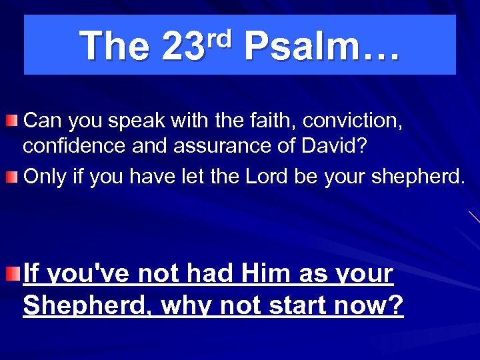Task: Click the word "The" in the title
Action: click(114, 47)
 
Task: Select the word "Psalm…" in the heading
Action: click(322, 47)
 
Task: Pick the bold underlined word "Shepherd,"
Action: click(87, 305)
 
